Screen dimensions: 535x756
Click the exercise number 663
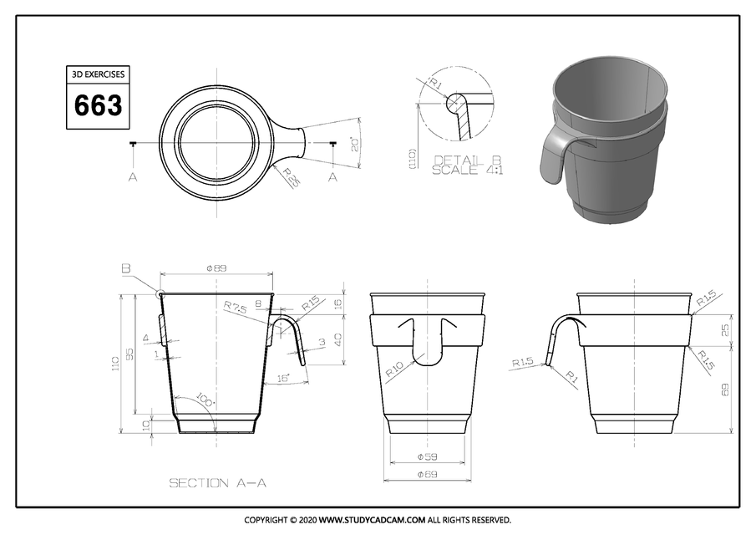(98, 106)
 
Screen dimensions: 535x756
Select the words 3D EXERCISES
(98, 74)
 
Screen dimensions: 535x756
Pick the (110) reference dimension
(413, 160)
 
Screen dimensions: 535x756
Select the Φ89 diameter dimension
(217, 268)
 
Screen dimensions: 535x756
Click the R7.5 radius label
(235, 308)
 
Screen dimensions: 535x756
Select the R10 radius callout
(396, 368)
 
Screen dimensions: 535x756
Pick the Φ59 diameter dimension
(427, 457)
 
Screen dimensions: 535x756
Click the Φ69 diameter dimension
(427, 475)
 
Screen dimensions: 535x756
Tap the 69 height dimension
(724, 389)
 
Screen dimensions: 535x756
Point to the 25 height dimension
(724, 330)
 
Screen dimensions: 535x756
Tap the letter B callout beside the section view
(125, 268)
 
